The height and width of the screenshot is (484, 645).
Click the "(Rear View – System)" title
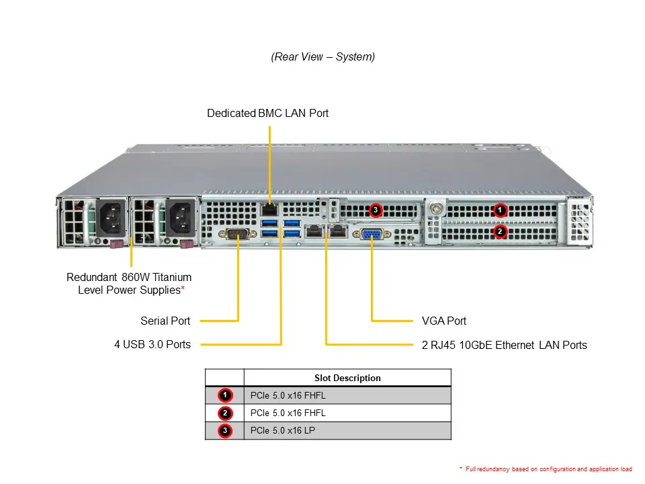322,57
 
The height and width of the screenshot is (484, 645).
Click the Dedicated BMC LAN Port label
267,114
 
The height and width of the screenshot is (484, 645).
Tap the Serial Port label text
165,321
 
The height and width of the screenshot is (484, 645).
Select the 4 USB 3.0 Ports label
153,344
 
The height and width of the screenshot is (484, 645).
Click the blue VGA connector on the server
373,234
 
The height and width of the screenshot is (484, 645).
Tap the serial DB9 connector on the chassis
239,234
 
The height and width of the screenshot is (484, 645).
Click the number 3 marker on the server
376,210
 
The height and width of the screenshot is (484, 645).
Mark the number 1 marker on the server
499,210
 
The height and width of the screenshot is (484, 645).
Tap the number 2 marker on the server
499,231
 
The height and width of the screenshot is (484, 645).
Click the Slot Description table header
347,378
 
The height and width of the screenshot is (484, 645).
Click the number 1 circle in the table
225,395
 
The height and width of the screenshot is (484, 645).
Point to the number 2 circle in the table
225,413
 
